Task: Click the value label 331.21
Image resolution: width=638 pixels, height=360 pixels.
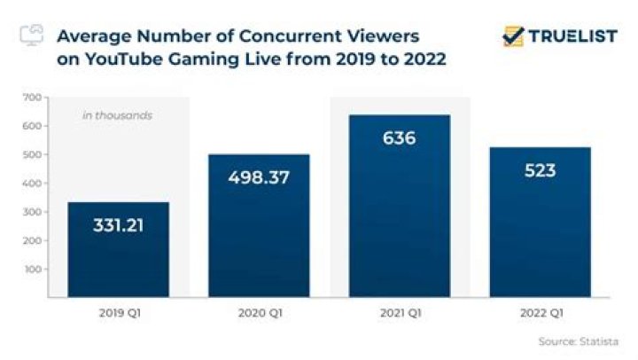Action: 118,225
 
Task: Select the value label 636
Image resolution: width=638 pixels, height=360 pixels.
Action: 399,138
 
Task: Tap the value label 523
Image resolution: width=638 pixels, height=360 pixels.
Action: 540,170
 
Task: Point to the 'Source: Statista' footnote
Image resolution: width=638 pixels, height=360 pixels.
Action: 577,340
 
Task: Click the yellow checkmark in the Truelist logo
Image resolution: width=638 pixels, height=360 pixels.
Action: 512,35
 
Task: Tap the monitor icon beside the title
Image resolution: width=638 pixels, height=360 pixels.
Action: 30,35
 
